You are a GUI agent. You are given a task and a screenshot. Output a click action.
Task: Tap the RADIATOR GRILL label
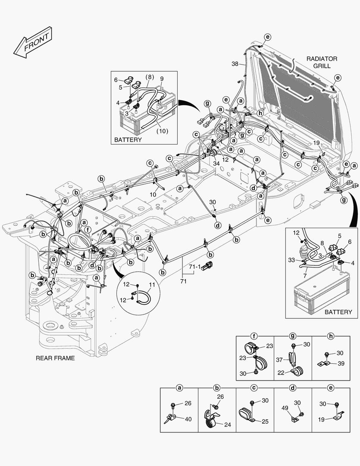click(x=322, y=62)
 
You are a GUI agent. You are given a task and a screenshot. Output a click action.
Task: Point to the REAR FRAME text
click(x=55, y=358)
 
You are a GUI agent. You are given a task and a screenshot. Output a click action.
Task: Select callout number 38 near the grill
click(x=235, y=64)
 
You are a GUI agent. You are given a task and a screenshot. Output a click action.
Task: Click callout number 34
click(x=216, y=163)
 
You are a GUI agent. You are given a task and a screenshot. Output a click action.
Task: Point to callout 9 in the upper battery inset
click(x=162, y=79)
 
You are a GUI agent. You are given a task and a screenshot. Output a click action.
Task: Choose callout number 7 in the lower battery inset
click(x=305, y=275)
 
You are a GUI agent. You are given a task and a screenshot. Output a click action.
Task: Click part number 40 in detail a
click(x=188, y=419)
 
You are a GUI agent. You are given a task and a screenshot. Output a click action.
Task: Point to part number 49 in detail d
click(x=285, y=408)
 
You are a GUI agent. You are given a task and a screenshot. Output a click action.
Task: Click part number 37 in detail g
click(x=280, y=360)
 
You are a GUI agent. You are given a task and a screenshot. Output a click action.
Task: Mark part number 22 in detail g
click(x=281, y=373)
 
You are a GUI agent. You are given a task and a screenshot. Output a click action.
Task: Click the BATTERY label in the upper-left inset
click(x=128, y=140)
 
